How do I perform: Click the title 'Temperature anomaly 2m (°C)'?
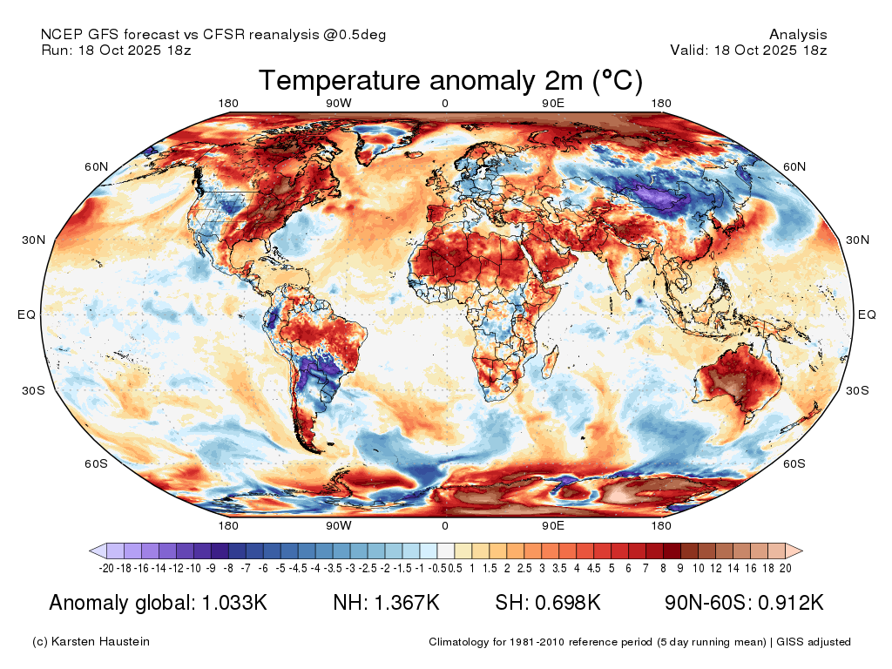click(450, 80)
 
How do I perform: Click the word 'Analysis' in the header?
click(798, 35)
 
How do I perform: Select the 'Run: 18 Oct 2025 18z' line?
click(116, 50)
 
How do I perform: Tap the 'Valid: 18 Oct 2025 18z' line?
click(748, 50)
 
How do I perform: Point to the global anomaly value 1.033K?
click(234, 603)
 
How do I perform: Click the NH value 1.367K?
click(407, 603)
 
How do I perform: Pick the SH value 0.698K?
click(567, 603)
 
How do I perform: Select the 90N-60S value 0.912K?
click(791, 603)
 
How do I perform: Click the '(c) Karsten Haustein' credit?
click(91, 642)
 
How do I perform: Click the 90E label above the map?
click(553, 103)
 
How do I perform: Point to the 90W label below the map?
click(339, 525)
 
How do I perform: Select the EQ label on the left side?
click(26, 314)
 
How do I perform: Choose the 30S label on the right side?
click(857, 390)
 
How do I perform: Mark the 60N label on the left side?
click(96, 166)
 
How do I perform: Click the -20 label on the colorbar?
click(106, 568)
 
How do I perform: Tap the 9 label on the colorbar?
click(680, 568)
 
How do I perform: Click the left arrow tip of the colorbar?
click(90, 551)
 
